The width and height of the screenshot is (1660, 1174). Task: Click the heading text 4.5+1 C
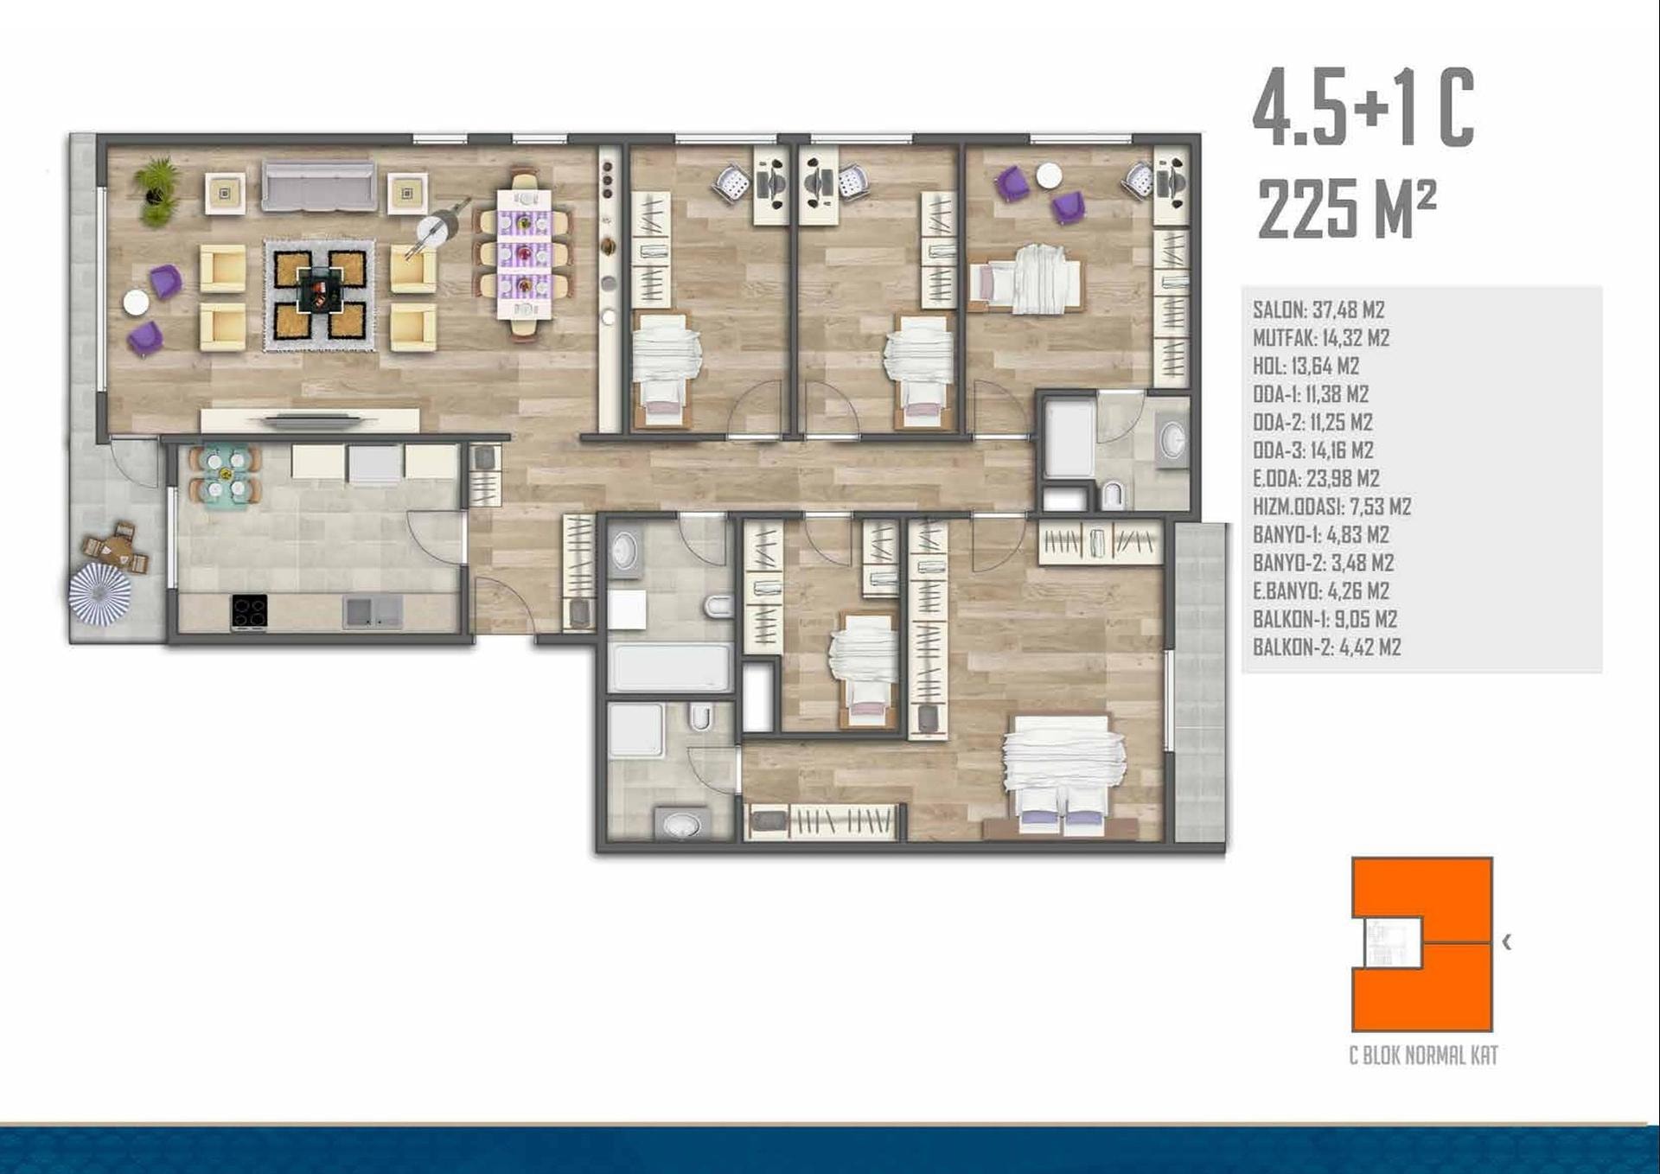coord(1363,108)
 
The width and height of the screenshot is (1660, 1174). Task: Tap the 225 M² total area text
coord(1347,208)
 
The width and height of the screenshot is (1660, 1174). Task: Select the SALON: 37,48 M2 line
coord(1318,309)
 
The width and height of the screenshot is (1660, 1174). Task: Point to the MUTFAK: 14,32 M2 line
coord(1321,338)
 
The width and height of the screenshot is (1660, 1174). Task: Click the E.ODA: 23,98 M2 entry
coord(1316,478)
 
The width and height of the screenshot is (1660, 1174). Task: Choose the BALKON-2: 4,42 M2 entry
coord(1327,647)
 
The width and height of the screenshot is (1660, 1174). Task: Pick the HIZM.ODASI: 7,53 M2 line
coord(1332,507)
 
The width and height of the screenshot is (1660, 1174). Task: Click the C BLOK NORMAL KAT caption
coord(1423,1055)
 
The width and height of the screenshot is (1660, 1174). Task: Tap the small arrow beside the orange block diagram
coord(1507,941)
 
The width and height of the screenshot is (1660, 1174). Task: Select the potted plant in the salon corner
coord(156,191)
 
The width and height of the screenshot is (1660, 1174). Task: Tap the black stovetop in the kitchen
coord(249,611)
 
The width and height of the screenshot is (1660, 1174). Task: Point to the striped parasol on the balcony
coord(100,594)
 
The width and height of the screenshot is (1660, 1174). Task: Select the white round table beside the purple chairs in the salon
coord(136,302)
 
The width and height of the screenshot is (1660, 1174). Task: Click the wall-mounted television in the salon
coord(311,422)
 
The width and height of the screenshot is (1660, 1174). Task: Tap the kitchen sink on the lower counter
coord(373,612)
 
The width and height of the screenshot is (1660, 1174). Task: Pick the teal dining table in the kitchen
coord(225,475)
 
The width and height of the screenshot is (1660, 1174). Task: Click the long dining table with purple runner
coord(524,253)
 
